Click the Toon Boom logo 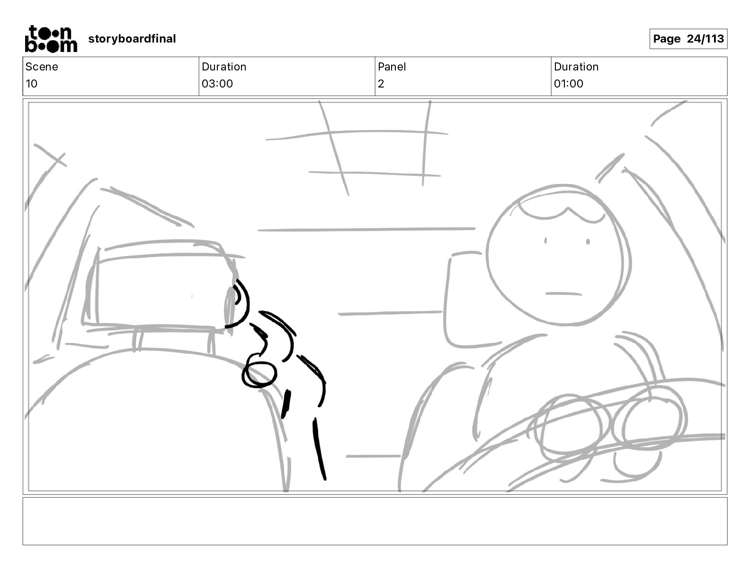pos(51,39)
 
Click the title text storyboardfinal pos(132,39)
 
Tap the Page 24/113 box pos(688,39)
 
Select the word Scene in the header pos(42,67)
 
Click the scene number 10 pos(31,83)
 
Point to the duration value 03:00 pos(217,83)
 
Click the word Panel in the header pos(392,67)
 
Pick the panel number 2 pos(381,83)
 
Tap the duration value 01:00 pos(569,83)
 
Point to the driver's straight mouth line pos(563,294)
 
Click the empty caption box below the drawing pos(375,521)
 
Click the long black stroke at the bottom pos(319,448)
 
